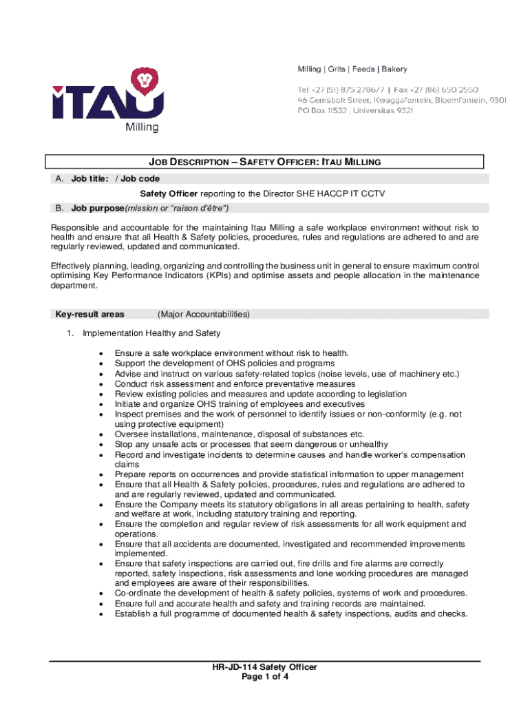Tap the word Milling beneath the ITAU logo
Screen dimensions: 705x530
(142, 127)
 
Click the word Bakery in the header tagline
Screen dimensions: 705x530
(394, 70)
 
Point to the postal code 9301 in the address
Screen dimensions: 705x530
(498, 101)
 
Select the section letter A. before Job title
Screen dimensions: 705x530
(61, 179)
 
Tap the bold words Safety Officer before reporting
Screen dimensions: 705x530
(169, 194)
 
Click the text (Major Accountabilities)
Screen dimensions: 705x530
(204, 315)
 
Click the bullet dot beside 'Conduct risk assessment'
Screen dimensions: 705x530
(102, 384)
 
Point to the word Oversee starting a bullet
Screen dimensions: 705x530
(131, 434)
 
